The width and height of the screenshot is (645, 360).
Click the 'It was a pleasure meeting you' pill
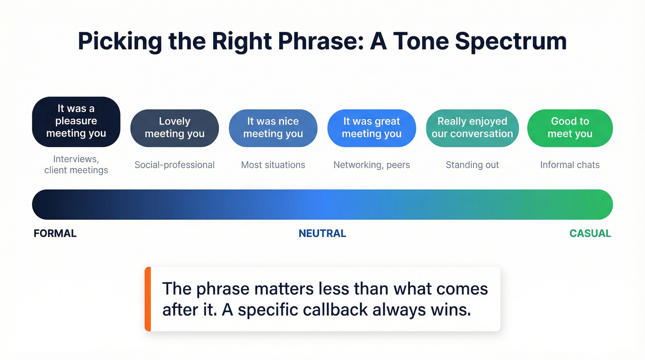click(76, 121)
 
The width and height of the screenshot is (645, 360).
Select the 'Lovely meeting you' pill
click(175, 128)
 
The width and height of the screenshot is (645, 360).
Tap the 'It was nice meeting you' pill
click(273, 128)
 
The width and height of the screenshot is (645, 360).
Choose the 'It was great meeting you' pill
click(371, 128)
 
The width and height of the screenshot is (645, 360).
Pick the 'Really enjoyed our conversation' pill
click(472, 128)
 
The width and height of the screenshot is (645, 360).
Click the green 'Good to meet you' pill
click(570, 128)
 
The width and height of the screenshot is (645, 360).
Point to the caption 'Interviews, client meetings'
click(76, 165)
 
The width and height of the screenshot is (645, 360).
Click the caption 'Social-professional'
click(175, 165)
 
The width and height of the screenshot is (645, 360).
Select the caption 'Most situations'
click(273, 165)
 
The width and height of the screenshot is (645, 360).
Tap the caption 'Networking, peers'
click(371, 165)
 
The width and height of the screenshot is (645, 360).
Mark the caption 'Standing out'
click(472, 165)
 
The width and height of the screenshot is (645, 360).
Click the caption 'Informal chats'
click(570, 165)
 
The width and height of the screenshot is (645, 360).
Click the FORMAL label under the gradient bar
click(55, 233)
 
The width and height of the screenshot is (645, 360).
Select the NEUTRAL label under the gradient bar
click(322, 233)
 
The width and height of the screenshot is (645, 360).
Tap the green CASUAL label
click(590, 233)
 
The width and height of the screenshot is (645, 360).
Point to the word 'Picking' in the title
click(120, 41)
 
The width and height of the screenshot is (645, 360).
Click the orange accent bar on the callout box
click(147, 299)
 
